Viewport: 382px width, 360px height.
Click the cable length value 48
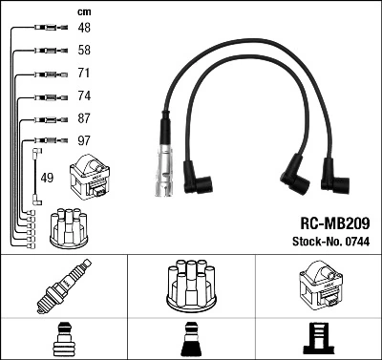84,28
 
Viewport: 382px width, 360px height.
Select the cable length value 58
84,50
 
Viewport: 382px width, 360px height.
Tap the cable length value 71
84,73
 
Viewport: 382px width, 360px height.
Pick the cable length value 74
84,95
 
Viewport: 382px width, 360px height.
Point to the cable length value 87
84,118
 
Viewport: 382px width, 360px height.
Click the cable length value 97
84,141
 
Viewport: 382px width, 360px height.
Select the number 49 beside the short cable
48,177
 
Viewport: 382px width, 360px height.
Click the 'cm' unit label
83,11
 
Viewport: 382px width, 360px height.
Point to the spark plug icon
63,286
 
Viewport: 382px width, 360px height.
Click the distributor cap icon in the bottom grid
190,286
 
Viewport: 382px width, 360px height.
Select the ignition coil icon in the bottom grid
318,286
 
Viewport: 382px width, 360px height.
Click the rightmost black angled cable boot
334,176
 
